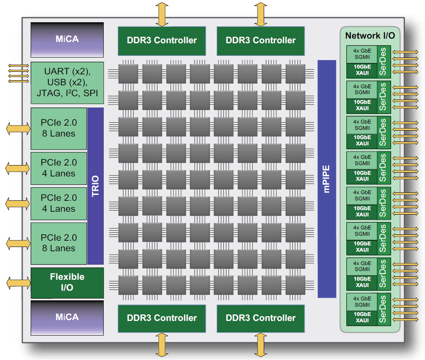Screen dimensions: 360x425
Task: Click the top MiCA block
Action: pyautogui.click(x=67, y=39)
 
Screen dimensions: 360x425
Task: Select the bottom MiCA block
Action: pyautogui.click(x=67, y=317)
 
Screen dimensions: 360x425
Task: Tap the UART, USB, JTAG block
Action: pyautogui.click(x=67, y=83)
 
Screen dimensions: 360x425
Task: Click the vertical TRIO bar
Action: pyautogui.click(x=95, y=186)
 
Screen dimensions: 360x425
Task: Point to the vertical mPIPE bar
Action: pyautogui.click(x=327, y=179)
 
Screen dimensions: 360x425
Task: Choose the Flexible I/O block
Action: pyautogui.click(x=67, y=282)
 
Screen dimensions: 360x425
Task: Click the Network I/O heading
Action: pyautogui.click(x=370, y=36)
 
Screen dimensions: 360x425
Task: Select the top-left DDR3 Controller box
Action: pyautogui.click(x=162, y=41)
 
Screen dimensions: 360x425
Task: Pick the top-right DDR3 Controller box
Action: pyautogui.click(x=260, y=41)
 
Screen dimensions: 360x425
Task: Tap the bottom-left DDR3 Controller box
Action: pyautogui.click(x=162, y=318)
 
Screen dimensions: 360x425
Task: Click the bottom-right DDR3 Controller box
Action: pyautogui.click(x=260, y=318)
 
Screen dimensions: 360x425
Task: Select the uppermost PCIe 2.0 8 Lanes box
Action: pyautogui.click(x=58, y=128)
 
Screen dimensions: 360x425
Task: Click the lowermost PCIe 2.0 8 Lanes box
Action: pyautogui.click(x=58, y=243)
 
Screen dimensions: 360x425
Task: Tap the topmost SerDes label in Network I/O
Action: pyautogui.click(x=383, y=61)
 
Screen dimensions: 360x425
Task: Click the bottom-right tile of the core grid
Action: pyautogui.click(x=295, y=285)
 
